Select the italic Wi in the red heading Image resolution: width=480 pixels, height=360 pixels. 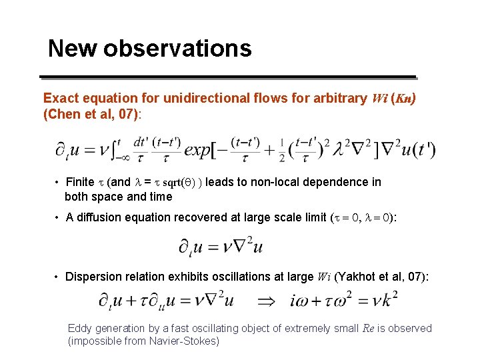coord(377,99)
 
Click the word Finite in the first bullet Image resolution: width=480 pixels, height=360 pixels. coord(80,182)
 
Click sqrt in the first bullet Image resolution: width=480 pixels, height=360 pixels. coord(175,182)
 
